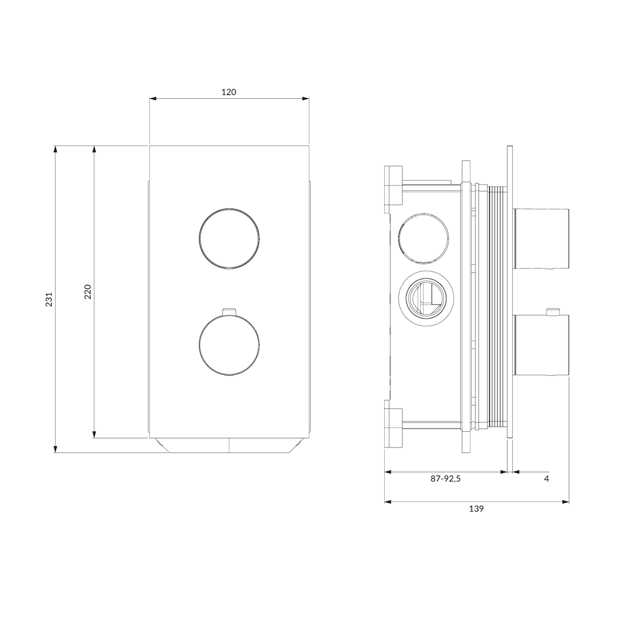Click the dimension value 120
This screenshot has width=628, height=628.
point(229,92)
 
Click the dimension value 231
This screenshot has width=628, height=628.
point(49,299)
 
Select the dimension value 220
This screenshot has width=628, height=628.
point(88,292)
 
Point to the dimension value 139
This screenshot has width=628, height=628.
point(476,509)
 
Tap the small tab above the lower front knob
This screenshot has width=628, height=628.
point(229,311)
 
